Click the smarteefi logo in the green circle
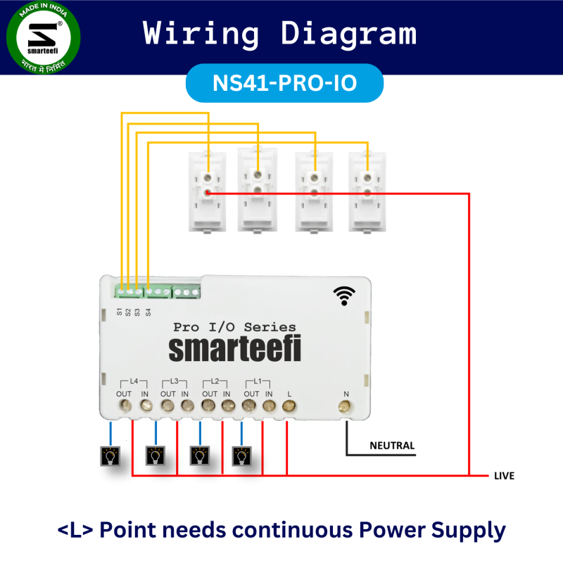43,39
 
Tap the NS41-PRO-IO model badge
284,83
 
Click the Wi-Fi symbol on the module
344,296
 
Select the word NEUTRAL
392,445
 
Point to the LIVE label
504,476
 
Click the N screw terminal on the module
345,406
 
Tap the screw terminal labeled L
289,406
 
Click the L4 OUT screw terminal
125,406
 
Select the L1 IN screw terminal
268,406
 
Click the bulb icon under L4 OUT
110,457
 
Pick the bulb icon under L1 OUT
241,457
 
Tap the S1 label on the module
120,311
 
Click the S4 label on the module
148,311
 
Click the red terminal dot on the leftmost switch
208,192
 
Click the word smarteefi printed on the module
234,350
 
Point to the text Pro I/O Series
234,327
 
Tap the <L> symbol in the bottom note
77,530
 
